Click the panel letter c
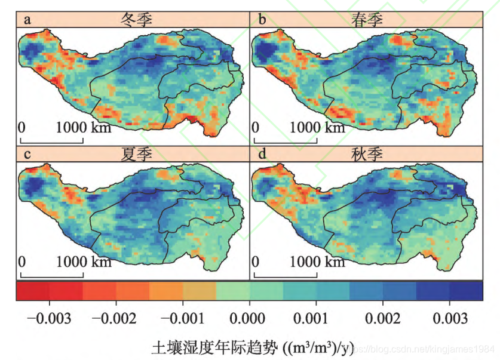(x=27, y=155)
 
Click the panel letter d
(x=262, y=155)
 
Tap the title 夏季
(x=136, y=155)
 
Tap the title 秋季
(x=366, y=155)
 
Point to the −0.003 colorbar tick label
(x=50, y=316)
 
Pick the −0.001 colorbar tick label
(x=182, y=316)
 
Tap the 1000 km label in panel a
(x=84, y=127)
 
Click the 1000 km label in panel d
(x=318, y=262)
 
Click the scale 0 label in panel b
(x=256, y=127)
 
